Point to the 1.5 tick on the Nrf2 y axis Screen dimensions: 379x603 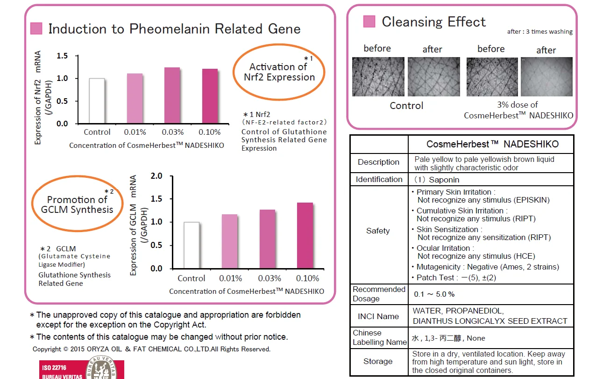tap(62, 56)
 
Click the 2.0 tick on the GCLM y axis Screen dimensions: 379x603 tap(157, 176)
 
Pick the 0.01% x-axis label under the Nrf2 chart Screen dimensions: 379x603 tap(135, 132)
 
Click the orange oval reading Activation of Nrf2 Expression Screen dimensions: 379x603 tap(279, 72)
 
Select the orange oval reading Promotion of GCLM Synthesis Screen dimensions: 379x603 tap(77, 204)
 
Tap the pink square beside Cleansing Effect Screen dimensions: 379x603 tap(369, 22)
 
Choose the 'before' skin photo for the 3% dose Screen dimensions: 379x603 tap(492, 77)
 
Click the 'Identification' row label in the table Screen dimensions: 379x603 tap(379, 179)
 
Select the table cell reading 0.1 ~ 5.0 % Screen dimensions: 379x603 tap(434, 294)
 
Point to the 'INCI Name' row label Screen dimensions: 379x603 tap(378, 316)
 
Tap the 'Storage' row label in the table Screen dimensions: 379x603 tap(378, 361)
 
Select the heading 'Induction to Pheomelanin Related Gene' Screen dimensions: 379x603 tap(174, 29)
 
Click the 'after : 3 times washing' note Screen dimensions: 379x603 tap(539, 32)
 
